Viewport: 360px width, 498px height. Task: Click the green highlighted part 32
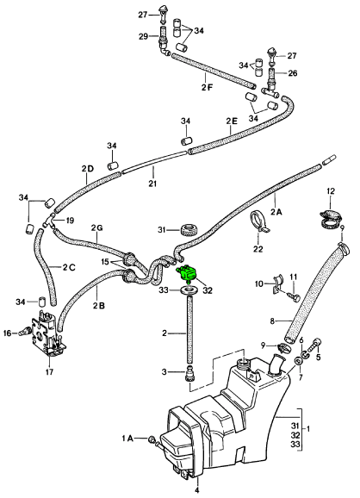point(187,273)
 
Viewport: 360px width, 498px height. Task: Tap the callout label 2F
point(207,87)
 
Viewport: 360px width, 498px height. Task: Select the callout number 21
point(152,184)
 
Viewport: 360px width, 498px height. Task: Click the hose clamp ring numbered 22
point(259,220)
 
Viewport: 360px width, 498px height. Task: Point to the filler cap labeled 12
point(330,218)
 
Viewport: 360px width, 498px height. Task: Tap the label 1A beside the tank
point(127,439)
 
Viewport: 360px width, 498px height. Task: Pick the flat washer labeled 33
point(189,290)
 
